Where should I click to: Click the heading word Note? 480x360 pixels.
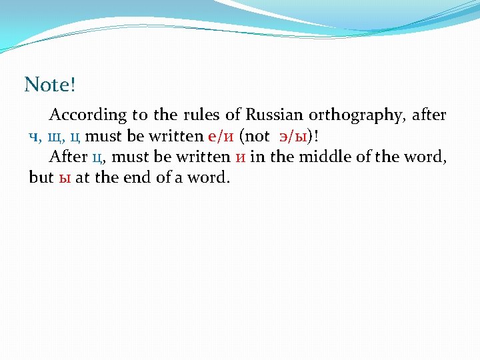50,85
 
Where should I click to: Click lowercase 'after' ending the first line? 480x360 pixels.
429,115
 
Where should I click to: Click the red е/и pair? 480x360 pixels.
221,137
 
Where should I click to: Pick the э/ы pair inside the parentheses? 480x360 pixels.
293,137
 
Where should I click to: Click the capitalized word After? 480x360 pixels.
68,157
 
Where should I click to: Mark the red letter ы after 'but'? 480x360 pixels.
65,179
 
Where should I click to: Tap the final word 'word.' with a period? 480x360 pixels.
208,179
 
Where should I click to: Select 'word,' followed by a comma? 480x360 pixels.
429,157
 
